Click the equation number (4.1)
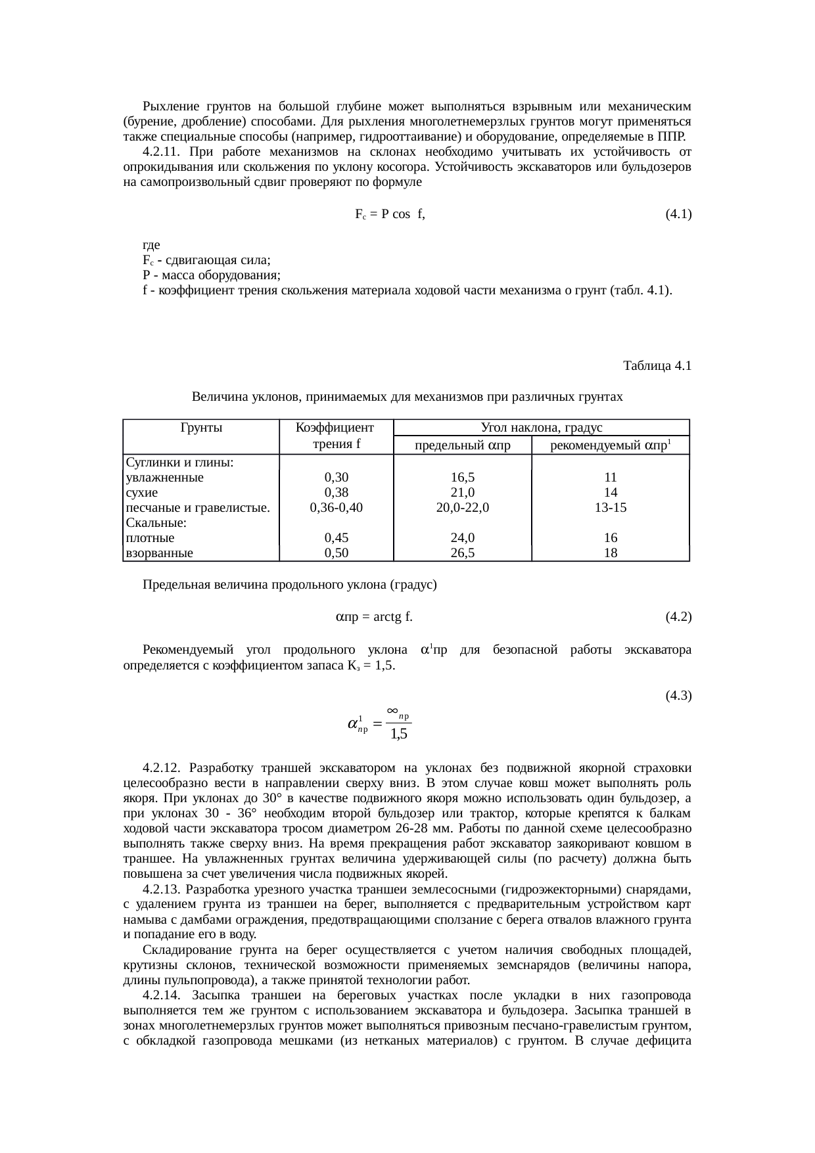pyautogui.click(x=678, y=214)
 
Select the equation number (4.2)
pyautogui.click(x=678, y=616)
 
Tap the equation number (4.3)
pyautogui.click(x=678, y=695)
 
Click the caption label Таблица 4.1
pyautogui.click(x=657, y=365)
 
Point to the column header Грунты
pyautogui.click(x=200, y=428)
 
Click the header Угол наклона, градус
pyautogui.click(x=542, y=428)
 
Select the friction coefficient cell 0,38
pyautogui.click(x=336, y=492)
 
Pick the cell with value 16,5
pyautogui.click(x=463, y=478)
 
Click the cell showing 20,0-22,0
pyautogui.click(x=463, y=507)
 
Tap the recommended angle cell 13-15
pyautogui.click(x=610, y=507)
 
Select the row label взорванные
pyautogui.click(x=159, y=553)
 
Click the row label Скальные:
pyautogui.click(x=156, y=523)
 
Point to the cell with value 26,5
pyautogui.click(x=463, y=553)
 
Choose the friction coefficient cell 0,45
pyautogui.click(x=336, y=537)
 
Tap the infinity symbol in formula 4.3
pyautogui.click(x=392, y=710)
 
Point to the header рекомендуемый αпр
pyautogui.click(x=610, y=446)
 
